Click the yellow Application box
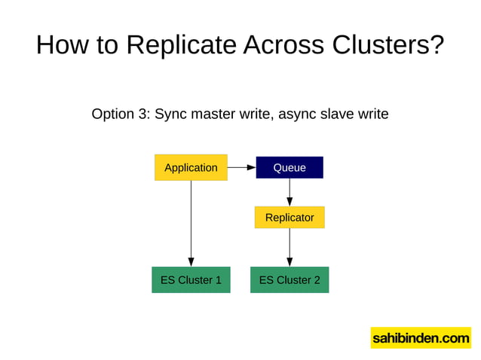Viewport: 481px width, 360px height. [191, 167]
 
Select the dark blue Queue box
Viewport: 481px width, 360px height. [290, 167]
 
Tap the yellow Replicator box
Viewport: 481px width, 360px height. [290, 218]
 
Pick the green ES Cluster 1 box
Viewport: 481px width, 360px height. [191, 280]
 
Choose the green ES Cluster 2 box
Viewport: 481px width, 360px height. [290, 280]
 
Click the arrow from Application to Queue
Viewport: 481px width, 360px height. [241, 167]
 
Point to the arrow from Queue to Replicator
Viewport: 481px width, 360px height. [290, 192]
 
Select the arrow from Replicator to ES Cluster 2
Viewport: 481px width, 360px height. [290, 247]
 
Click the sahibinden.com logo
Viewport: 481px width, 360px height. [420, 338]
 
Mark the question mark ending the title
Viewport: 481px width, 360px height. [436, 45]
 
